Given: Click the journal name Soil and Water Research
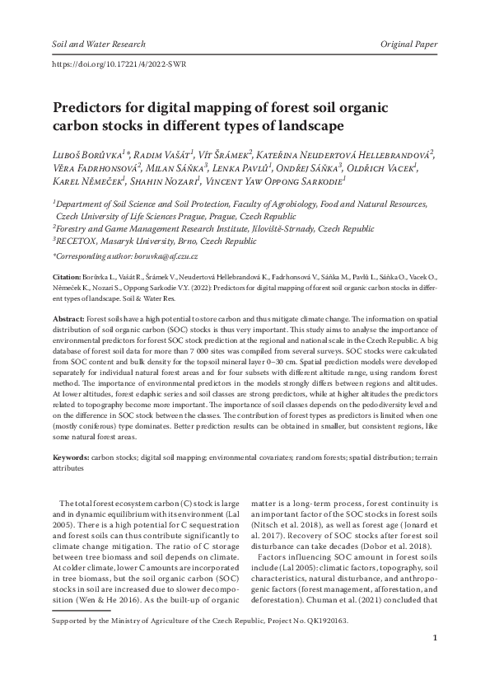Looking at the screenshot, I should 98,43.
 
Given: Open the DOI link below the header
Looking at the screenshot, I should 119,63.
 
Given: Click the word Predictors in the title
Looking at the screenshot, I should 89,108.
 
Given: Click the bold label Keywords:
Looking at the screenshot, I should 71,457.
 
